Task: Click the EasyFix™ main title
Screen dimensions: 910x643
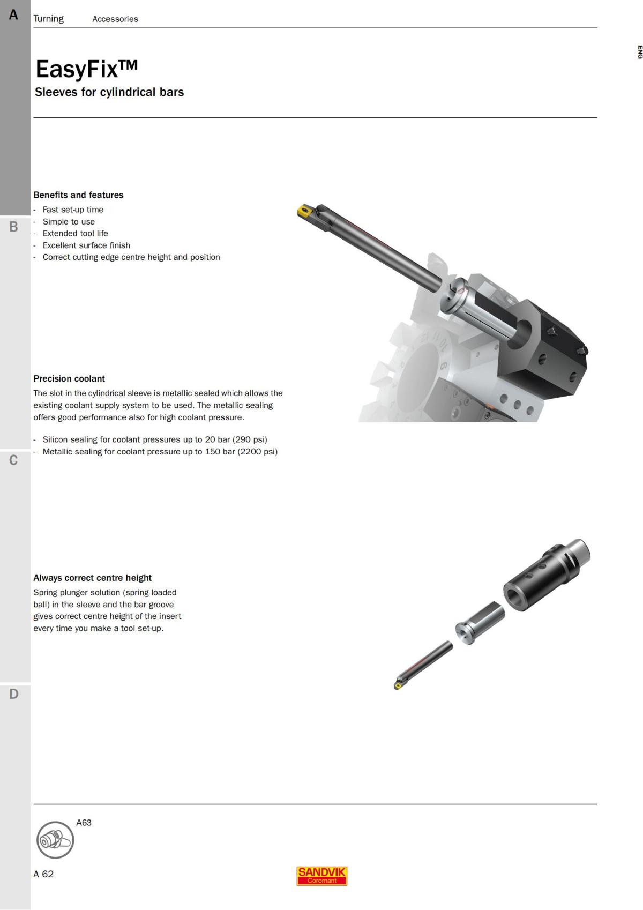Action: tap(86, 69)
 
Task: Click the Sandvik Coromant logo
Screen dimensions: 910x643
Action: tap(322, 876)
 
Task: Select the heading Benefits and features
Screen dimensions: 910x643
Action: tap(78, 195)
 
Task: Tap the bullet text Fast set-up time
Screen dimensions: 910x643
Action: tap(73, 210)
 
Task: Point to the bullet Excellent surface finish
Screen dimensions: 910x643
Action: tap(86, 245)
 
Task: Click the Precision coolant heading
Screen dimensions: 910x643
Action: tap(69, 378)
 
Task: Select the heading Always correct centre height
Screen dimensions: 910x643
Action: tap(92, 578)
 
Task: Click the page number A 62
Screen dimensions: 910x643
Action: tap(43, 874)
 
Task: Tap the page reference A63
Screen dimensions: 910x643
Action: tap(84, 823)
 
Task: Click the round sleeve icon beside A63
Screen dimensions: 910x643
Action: tap(55, 840)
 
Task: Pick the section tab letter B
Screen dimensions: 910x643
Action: tap(13, 227)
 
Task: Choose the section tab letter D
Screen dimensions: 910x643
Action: tap(13, 694)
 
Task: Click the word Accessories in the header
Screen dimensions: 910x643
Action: tap(115, 19)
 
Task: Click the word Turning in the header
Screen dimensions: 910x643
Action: tap(48, 19)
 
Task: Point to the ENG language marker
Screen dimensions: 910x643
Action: tap(639, 52)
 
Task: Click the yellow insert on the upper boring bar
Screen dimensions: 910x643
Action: tap(304, 211)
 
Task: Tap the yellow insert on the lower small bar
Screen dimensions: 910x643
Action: tap(398, 685)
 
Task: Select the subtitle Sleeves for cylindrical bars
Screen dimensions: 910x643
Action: tap(109, 92)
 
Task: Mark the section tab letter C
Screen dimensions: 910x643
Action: tap(13, 460)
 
